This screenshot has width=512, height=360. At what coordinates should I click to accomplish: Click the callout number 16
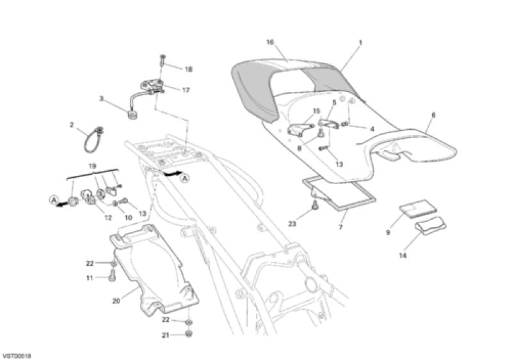(x=270, y=42)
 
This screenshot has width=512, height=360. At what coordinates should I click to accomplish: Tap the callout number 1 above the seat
(x=360, y=42)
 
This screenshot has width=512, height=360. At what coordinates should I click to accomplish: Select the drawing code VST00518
(x=17, y=356)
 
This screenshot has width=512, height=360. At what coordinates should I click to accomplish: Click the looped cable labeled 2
(x=93, y=139)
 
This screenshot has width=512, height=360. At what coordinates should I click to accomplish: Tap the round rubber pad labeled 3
(x=132, y=115)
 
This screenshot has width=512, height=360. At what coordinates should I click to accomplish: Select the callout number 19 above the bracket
(x=92, y=166)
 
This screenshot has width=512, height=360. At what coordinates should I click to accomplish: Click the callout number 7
(x=340, y=226)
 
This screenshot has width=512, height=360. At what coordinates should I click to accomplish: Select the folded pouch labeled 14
(x=431, y=225)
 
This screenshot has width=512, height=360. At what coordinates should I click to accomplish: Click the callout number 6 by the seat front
(x=433, y=115)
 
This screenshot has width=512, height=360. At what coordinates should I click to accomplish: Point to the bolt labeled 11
(x=112, y=276)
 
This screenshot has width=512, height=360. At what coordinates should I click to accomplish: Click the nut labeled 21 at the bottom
(x=188, y=334)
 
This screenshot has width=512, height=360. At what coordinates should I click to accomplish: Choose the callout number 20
(x=116, y=301)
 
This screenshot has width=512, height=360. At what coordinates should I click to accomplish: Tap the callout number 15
(x=316, y=111)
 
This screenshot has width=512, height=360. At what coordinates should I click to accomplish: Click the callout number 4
(x=372, y=129)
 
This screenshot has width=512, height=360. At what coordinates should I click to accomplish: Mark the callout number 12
(x=108, y=217)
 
